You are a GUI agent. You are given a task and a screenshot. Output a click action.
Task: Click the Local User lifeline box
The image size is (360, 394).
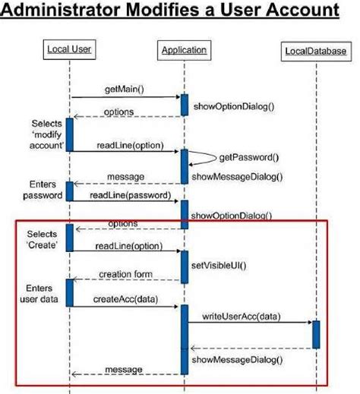point(69,50)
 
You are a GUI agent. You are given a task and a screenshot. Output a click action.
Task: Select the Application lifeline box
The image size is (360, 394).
point(183,50)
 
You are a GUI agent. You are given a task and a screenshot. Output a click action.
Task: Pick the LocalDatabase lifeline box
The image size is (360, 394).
point(316,51)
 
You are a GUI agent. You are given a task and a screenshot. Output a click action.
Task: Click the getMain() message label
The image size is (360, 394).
point(125,89)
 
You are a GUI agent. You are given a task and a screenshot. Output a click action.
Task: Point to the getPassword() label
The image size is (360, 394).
point(248,158)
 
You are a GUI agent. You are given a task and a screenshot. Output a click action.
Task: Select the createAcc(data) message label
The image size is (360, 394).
point(126,299)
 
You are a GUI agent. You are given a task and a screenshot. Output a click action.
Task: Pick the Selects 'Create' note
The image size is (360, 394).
point(42,239)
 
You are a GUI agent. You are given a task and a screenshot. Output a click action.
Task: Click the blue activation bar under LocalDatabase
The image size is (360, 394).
point(316,334)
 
